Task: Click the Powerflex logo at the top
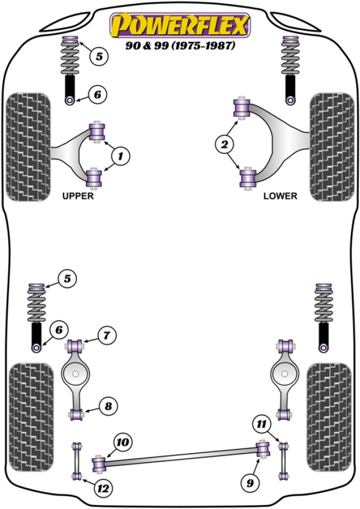[180, 25]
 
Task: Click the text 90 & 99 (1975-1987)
[180, 46]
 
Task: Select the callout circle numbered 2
[225, 145]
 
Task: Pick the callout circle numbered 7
[107, 335]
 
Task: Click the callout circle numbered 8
[108, 407]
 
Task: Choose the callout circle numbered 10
[122, 441]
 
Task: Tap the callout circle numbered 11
[261, 425]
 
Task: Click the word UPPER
[78, 196]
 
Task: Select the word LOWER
[280, 196]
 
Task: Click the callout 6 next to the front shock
[97, 95]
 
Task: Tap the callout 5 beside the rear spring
[67, 279]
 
